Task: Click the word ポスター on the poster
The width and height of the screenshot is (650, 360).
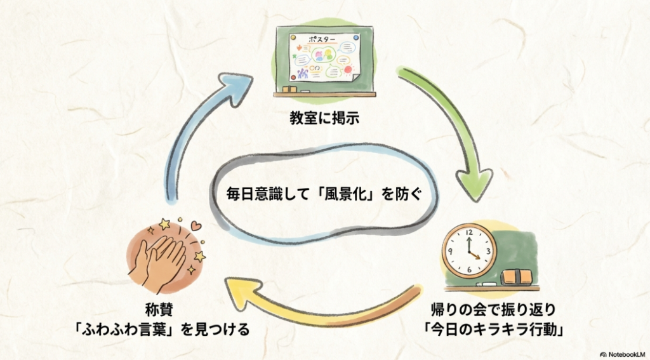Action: coord(322,39)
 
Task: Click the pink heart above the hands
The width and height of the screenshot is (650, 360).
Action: coord(196,225)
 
